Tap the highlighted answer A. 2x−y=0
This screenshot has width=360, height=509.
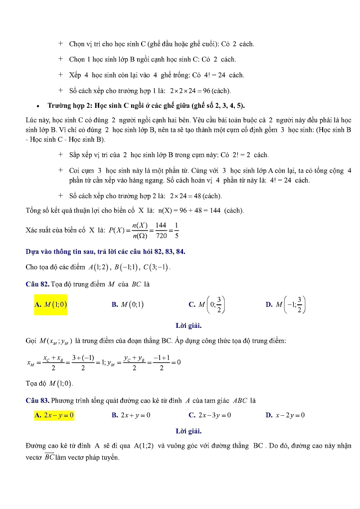[x=54, y=415]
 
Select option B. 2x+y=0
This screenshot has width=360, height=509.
[x=131, y=415]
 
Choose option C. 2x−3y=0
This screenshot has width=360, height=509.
[x=210, y=415]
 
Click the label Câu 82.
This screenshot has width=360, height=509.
[x=37, y=284]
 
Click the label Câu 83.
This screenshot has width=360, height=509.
[x=37, y=401]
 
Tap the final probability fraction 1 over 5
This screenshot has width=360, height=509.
[x=177, y=231]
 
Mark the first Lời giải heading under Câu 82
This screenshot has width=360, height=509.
[x=188, y=326]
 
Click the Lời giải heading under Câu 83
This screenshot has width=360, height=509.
[x=188, y=431]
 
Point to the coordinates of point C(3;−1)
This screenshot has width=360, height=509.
[x=157, y=267]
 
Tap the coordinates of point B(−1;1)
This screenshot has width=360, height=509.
[x=125, y=267]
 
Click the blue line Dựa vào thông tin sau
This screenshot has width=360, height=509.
[x=105, y=252]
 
